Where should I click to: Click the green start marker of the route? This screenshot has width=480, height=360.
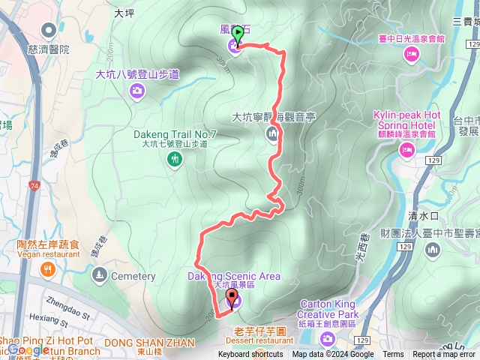pyautogui.click(x=238, y=33)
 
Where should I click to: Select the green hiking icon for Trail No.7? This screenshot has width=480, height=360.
pyautogui.click(x=175, y=158)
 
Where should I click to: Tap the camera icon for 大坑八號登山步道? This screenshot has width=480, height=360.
pyautogui.click(x=136, y=91)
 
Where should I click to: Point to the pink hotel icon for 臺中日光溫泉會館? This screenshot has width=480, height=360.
pyautogui.click(x=410, y=53)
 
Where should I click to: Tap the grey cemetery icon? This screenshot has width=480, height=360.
pyautogui.click(x=100, y=276)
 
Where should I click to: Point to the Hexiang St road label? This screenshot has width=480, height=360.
pyautogui.click(x=45, y=322)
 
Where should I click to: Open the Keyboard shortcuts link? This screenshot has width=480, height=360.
pyautogui.click(x=250, y=355)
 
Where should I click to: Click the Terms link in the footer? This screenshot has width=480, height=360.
pyautogui.click(x=393, y=355)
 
